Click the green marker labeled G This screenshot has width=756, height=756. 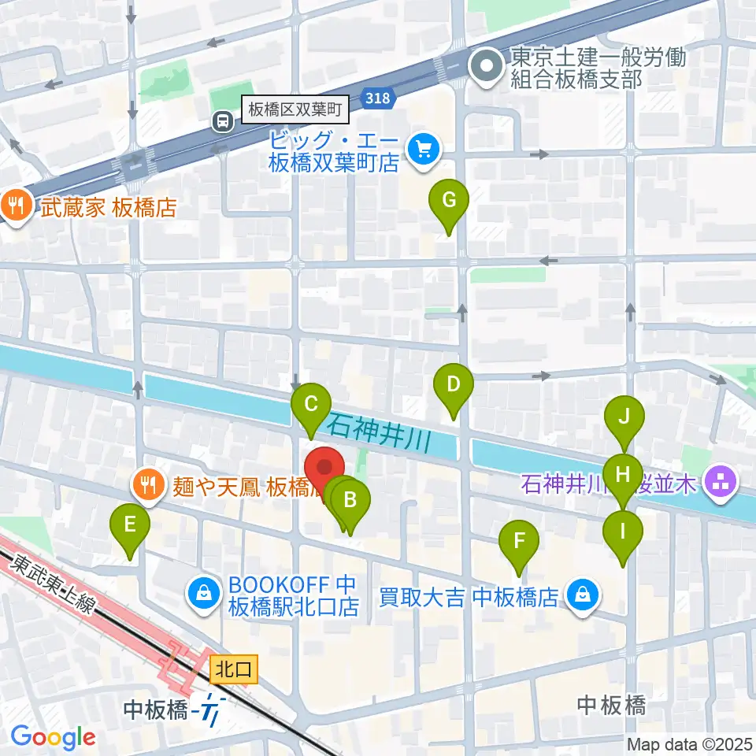448,200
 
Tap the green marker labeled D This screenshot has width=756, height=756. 453,385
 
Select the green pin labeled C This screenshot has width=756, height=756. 310,405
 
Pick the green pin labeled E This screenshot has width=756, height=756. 131,524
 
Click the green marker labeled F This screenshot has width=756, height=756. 519,541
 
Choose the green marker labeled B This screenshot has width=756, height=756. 351,499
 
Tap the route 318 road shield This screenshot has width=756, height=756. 377,97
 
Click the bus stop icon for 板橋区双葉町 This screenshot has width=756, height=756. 224,121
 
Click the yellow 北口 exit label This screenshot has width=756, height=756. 234,670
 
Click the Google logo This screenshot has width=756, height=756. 53,737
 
